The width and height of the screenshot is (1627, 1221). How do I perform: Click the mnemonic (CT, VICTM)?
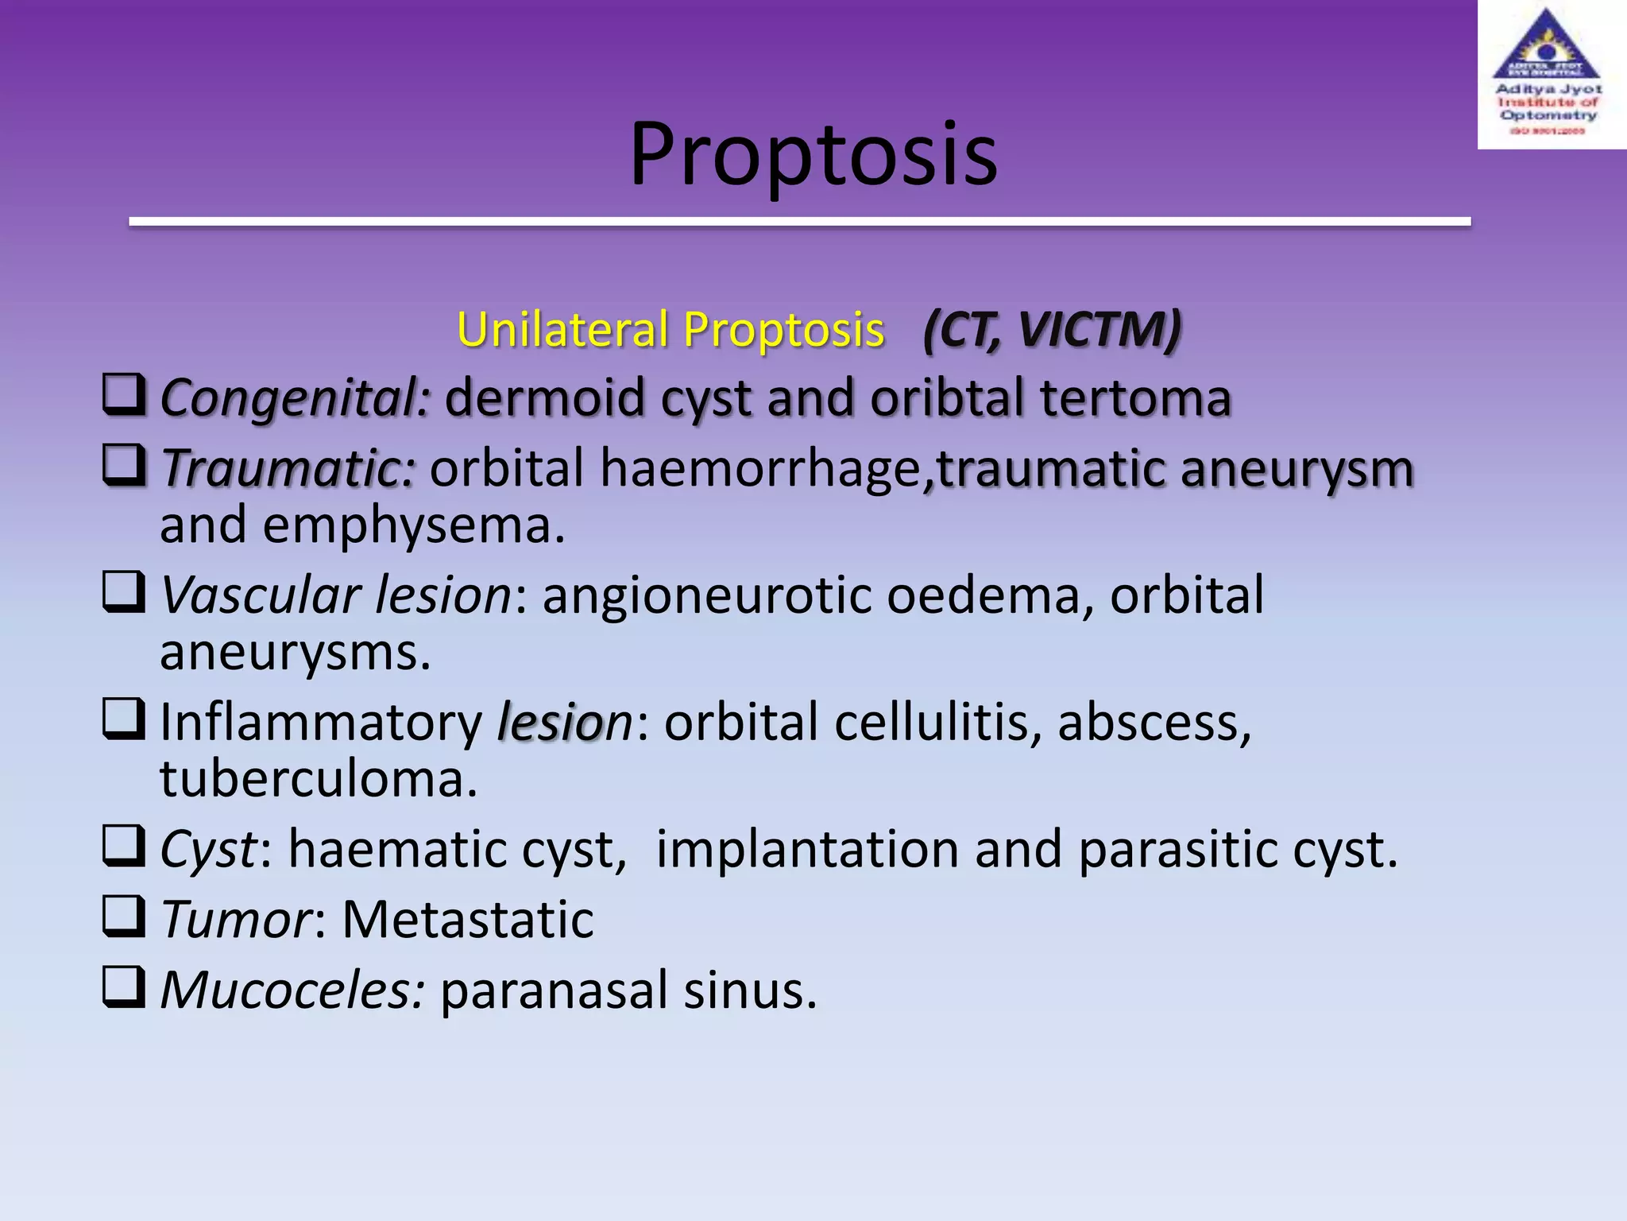point(1052,329)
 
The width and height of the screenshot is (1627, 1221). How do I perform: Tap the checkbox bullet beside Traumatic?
point(124,465)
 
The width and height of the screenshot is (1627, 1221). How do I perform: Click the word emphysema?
point(413,525)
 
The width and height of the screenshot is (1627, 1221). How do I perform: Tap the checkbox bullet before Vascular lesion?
point(124,592)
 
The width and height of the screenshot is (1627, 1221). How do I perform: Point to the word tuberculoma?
point(319,779)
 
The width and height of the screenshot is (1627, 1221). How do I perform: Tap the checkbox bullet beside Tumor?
point(124,916)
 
